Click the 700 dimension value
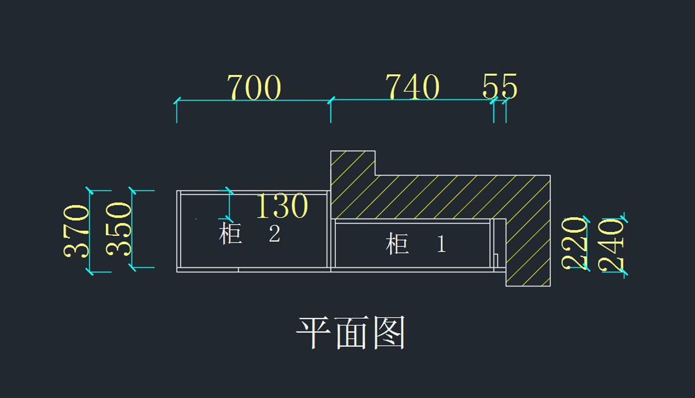[254, 87]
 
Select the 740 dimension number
[412, 87]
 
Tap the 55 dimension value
[500, 86]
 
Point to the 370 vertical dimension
[76, 231]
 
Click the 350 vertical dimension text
[118, 229]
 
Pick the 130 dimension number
[282, 206]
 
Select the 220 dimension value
[574, 243]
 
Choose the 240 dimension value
[610, 245]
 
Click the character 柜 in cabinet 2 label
[231, 233]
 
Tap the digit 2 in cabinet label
[275, 233]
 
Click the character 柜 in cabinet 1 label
[397, 244]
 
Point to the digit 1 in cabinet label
[441, 244]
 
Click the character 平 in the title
[313, 333]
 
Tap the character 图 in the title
[390, 333]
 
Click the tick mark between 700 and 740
[331, 101]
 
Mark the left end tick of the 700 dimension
[177, 101]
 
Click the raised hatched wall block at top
[353, 163]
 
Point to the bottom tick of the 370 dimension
[89, 272]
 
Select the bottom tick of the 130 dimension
[229, 219]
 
